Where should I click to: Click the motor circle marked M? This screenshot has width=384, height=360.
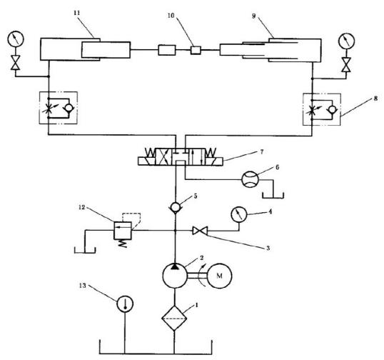219,276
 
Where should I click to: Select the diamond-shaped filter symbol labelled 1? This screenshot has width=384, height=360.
174,319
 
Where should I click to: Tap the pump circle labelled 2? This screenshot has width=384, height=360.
175,276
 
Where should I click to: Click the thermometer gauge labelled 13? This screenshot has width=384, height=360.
125,304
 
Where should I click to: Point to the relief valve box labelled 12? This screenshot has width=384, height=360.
123,231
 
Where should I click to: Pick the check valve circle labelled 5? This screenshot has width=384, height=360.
175,208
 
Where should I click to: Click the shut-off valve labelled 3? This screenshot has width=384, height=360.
200,231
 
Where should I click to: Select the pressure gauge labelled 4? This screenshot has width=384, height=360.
239,214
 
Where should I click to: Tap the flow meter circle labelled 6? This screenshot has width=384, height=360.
250,179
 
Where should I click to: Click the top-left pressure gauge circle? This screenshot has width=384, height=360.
16,39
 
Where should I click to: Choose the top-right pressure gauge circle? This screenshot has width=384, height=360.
347,41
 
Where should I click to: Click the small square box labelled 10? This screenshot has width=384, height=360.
196,50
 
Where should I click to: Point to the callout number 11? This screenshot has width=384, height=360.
77,13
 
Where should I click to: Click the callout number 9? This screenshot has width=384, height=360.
253,16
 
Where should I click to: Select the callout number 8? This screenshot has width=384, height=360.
375,99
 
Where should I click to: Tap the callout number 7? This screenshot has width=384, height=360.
262,152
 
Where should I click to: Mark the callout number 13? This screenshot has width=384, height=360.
83,286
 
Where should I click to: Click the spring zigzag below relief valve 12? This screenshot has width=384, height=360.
123,244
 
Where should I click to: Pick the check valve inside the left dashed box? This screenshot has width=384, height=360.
69,108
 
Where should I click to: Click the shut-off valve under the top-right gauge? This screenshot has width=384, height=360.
346,65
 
